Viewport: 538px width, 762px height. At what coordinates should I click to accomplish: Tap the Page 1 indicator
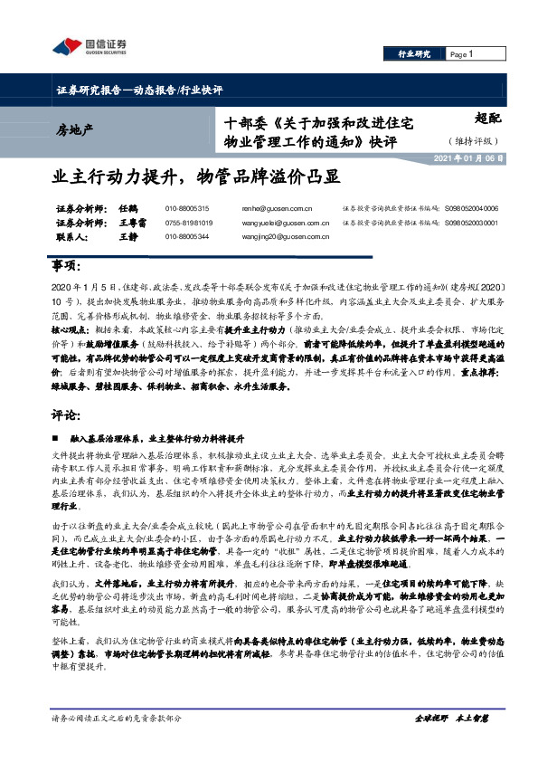pyautogui.click(x=462, y=55)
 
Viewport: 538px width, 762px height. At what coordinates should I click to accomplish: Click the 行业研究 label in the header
pyautogui.click(x=414, y=55)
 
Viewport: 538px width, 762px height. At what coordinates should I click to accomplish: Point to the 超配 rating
pyautogui.click(x=486, y=118)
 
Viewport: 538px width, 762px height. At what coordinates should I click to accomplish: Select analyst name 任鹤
pyautogui.click(x=127, y=208)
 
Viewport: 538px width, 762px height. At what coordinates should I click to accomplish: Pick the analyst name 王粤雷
pyautogui.click(x=132, y=222)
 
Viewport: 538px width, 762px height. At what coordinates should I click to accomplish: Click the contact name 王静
pyautogui.click(x=127, y=236)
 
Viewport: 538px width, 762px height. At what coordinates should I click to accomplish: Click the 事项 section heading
pyautogui.click(x=68, y=269)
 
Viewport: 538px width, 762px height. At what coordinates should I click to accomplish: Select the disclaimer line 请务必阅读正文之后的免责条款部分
pyautogui.click(x=117, y=718)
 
